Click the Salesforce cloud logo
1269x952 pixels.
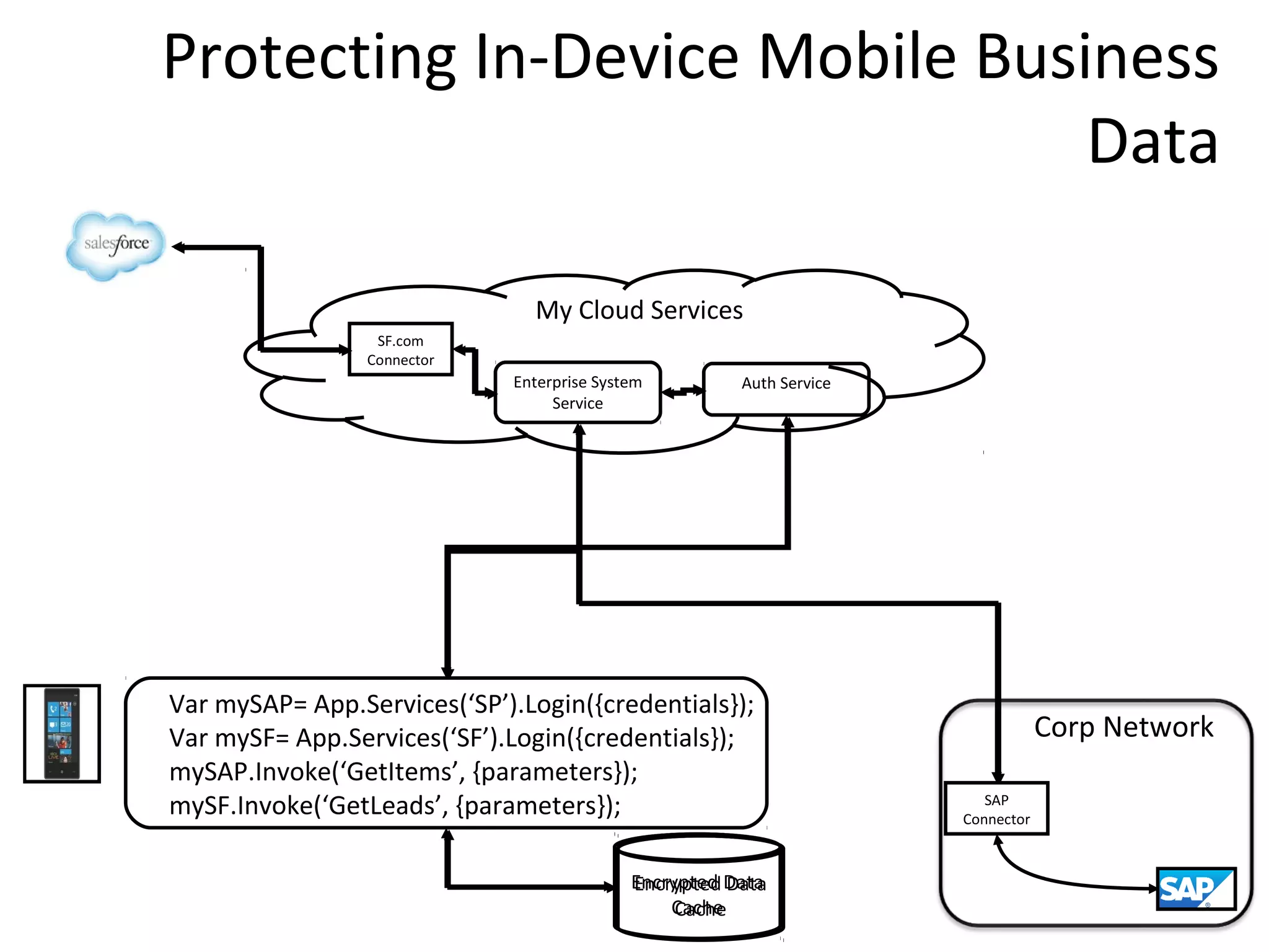click(116, 245)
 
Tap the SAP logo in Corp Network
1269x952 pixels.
click(1196, 888)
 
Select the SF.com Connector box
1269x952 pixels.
click(400, 350)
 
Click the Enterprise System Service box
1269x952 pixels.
click(577, 392)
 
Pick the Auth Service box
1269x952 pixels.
click(786, 389)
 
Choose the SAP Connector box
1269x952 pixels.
click(996, 809)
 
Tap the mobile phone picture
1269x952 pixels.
click(62, 733)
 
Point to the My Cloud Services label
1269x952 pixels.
click(639, 310)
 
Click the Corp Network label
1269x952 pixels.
click(1123, 727)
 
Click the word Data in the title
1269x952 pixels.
click(1153, 142)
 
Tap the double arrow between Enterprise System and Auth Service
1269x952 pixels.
click(682, 392)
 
